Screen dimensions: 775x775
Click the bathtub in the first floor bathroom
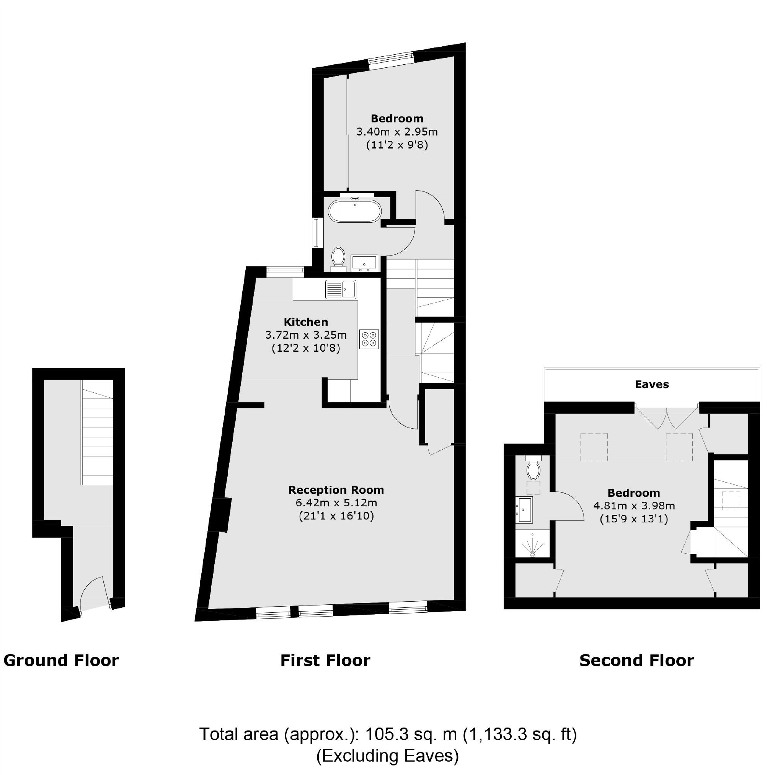pos(355,211)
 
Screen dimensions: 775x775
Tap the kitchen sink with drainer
pos(341,289)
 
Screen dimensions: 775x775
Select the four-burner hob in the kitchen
pos(369,339)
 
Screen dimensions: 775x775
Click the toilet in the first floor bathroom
pos(339,257)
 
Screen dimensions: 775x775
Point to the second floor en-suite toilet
pos(533,469)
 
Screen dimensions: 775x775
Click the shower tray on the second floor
pos(532,544)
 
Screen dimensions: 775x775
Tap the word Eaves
pos(652,385)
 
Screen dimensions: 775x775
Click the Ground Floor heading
pos(61,660)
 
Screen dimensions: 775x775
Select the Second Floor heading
pos(636,660)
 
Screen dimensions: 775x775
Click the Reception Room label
pos(336,490)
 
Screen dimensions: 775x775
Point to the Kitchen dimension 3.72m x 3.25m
pos(306,334)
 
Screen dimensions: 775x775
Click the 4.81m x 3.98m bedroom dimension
pos(634,506)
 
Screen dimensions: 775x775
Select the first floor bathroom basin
pos(364,263)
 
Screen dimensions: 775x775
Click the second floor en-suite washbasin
pos(524,509)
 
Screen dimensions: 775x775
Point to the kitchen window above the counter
pos(286,272)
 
